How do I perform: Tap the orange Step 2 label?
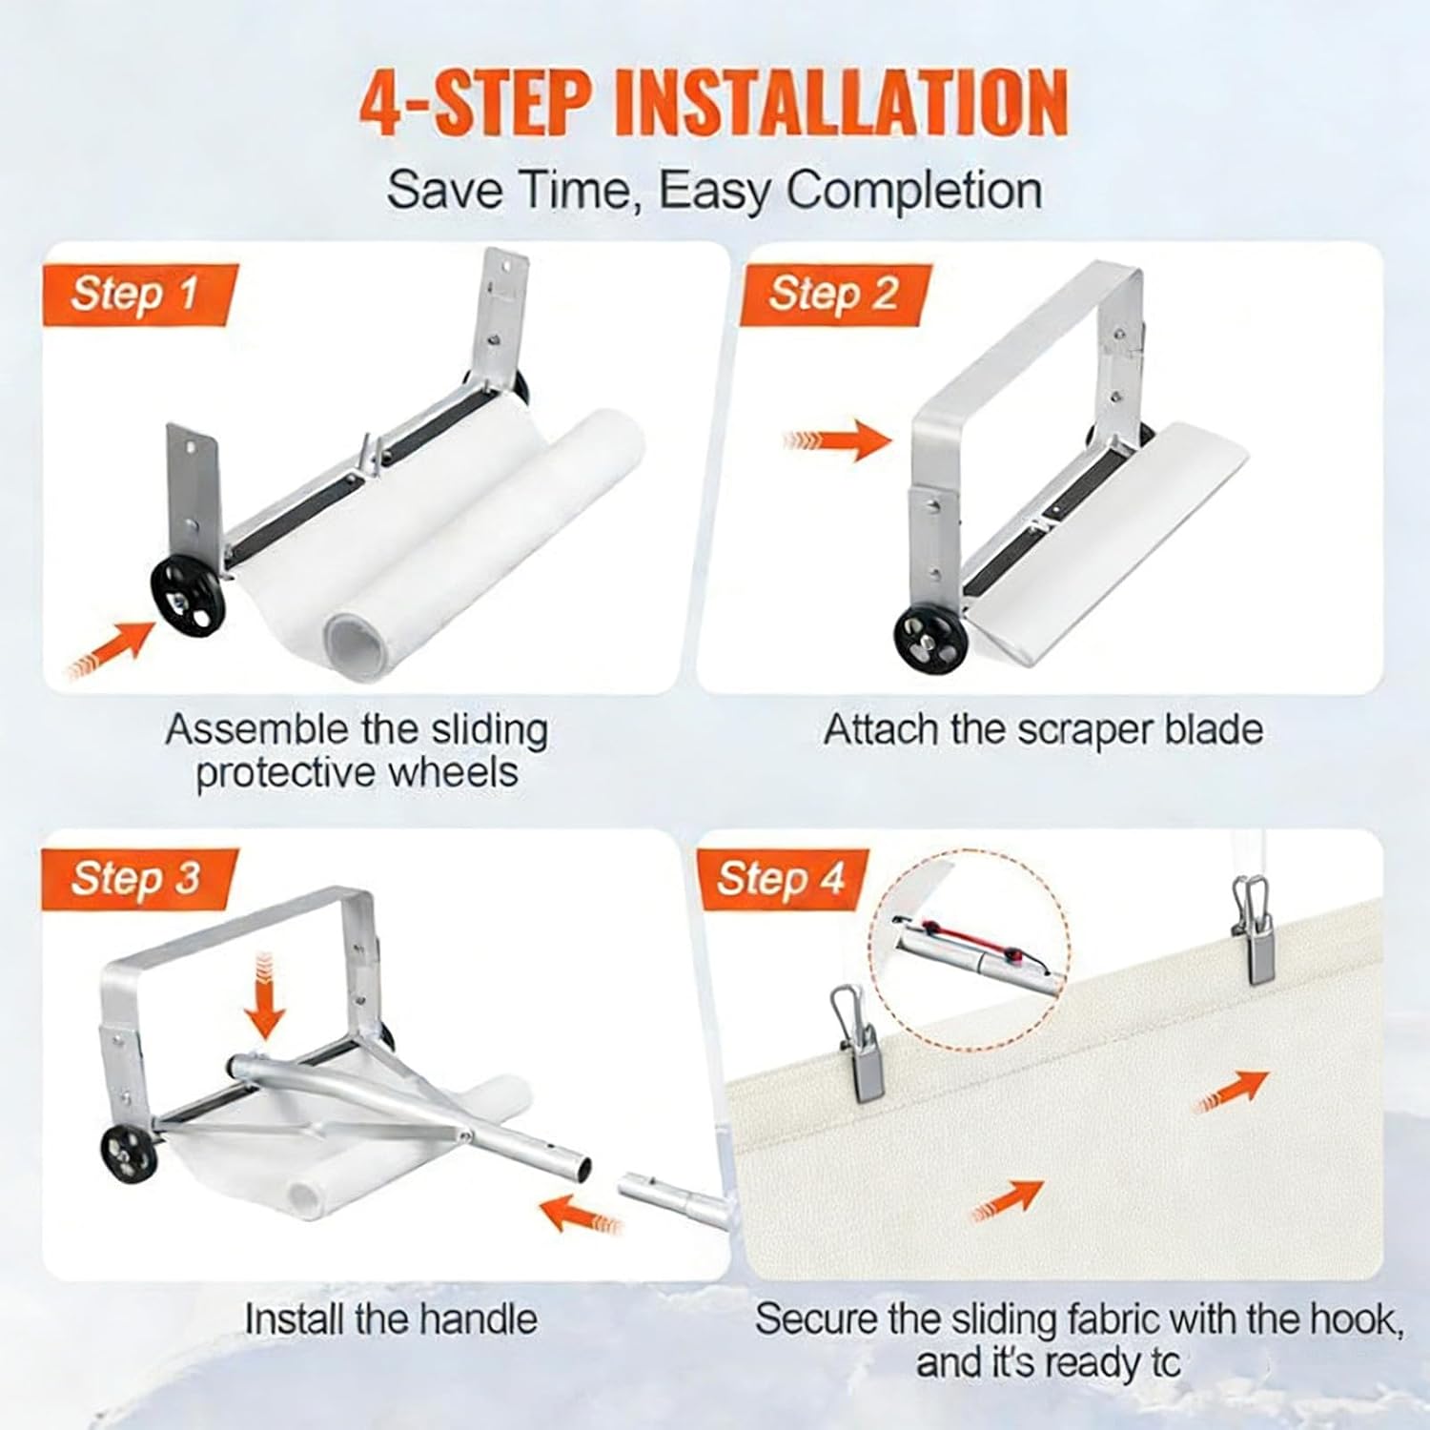coord(832,293)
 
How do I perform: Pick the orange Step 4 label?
coord(780,878)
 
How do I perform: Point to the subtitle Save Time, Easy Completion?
coord(714,190)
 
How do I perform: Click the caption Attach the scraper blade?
coord(1043,730)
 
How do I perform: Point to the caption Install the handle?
coord(391,1319)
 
